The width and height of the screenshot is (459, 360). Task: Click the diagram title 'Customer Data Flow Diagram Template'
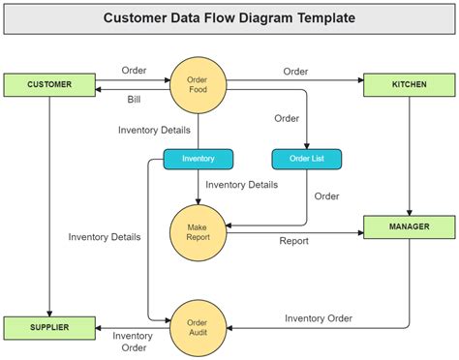pos(229,17)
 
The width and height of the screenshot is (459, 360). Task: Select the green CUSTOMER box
pos(49,84)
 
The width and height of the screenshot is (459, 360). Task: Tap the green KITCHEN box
pos(409,84)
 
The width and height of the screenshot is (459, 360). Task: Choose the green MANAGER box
pos(409,227)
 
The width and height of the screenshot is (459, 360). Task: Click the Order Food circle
pos(198,84)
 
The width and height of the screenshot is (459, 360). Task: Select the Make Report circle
pos(198,231)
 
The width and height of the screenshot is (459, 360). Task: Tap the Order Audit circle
pos(198,326)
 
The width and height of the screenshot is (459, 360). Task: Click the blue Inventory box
pos(198,158)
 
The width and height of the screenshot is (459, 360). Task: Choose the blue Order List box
pos(306,158)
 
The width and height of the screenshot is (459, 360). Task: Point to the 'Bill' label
pos(135,100)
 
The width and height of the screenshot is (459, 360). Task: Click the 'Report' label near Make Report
pos(294,241)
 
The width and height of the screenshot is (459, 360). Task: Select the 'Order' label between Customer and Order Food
pos(134,71)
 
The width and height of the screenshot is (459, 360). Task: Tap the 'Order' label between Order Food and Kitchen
pos(295,72)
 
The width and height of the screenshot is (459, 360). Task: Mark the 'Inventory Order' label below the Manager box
pos(319,317)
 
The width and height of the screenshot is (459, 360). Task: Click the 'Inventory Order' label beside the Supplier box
pos(132,342)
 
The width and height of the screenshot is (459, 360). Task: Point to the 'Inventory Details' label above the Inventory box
pos(154,130)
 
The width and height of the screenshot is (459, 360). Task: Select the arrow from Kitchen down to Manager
pos(409,155)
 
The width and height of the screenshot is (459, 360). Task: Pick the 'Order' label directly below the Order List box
pos(327,196)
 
